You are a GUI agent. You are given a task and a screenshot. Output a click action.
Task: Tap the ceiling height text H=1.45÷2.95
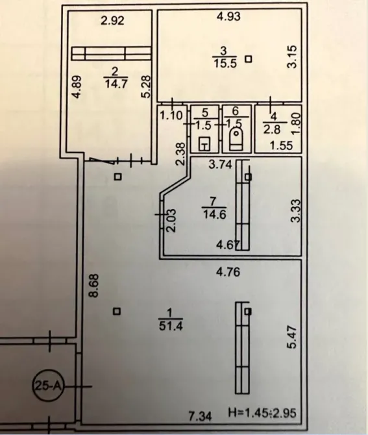tap(262, 412)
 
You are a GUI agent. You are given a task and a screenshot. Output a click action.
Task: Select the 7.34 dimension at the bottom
tap(200, 416)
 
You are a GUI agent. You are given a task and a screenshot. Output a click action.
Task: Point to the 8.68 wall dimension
tap(94, 286)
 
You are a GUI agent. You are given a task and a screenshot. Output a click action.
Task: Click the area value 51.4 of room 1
tap(171, 326)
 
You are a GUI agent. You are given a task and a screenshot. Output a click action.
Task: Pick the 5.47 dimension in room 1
tap(293, 337)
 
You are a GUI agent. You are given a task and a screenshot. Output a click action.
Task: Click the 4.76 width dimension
tap(228, 272)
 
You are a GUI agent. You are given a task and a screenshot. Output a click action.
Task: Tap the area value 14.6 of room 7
tap(215, 214)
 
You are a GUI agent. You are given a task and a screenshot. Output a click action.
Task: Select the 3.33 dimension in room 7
tap(295, 210)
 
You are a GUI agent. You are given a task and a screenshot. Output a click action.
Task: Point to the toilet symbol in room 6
tap(236, 139)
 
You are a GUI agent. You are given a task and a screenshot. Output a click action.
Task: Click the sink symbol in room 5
tap(205, 143)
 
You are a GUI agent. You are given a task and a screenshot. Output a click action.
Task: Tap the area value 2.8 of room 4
tap(272, 130)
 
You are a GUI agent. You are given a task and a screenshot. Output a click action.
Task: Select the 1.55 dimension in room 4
tap(282, 145)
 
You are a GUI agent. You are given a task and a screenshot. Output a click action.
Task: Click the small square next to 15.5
tap(249, 59)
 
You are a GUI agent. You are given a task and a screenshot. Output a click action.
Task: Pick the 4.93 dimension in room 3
tap(228, 17)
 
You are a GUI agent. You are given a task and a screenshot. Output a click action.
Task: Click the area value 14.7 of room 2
tap(116, 84)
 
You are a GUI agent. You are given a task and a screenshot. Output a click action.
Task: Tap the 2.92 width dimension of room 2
tap(112, 21)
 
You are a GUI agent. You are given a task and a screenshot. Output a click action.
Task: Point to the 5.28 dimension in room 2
tap(145, 86)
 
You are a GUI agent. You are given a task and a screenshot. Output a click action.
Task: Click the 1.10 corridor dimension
tap(171, 116)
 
